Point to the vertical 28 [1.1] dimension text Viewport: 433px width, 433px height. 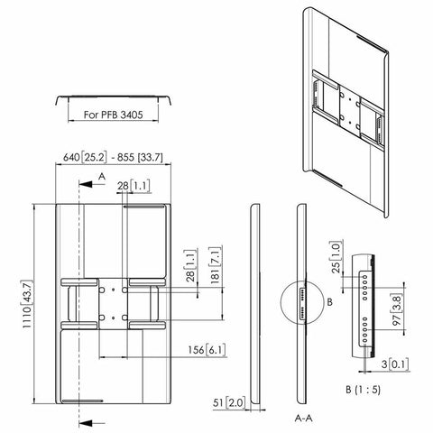pos(187,271)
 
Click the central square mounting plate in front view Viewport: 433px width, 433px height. pos(113,304)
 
